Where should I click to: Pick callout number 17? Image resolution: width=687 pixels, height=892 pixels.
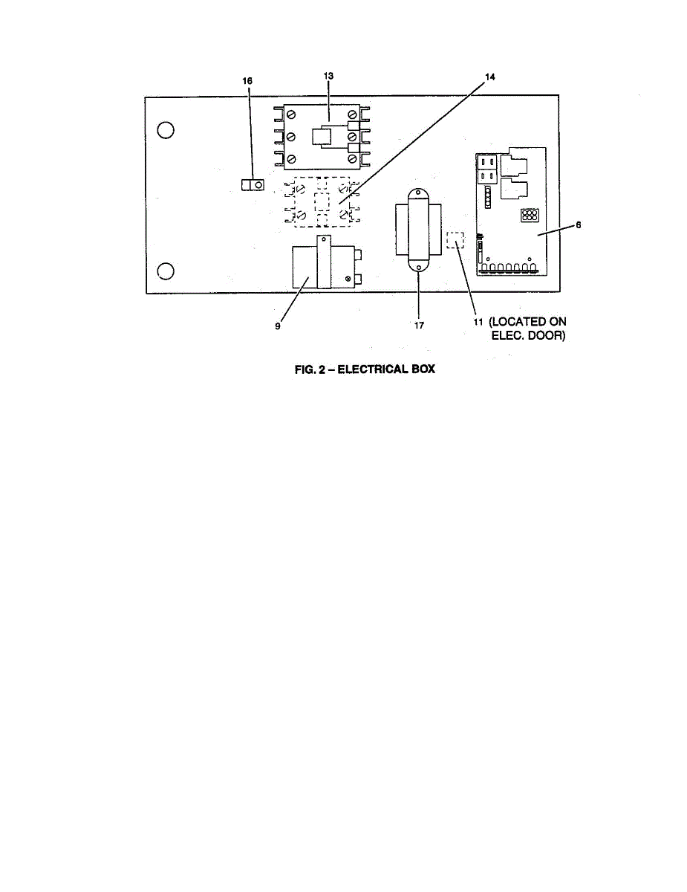pos(419,326)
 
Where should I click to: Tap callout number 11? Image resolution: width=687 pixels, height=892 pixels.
pos(479,322)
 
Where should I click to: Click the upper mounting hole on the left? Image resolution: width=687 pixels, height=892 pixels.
pos(166,130)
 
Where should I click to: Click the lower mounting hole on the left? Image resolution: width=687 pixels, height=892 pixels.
pos(166,271)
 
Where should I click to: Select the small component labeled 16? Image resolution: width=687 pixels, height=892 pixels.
pos(253,184)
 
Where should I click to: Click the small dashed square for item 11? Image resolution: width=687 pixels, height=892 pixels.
pos(455,240)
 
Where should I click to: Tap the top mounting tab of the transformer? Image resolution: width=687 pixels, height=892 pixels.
pos(417,195)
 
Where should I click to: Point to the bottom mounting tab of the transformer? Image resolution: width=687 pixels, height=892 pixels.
pos(417,269)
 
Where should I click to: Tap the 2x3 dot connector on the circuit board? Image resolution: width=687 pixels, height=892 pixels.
pos(530,216)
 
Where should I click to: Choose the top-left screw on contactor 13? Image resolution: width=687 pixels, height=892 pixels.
pos(291,116)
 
